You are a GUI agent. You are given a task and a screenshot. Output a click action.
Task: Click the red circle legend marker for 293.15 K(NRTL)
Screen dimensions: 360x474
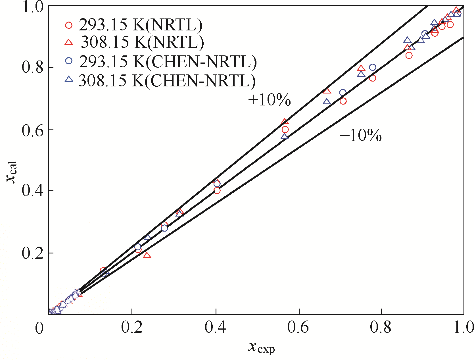click(x=69, y=25)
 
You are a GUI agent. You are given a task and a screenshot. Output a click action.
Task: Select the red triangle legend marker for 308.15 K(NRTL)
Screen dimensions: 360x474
click(x=69, y=43)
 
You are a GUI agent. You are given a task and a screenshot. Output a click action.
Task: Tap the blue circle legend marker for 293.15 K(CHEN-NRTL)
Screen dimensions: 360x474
click(x=69, y=61)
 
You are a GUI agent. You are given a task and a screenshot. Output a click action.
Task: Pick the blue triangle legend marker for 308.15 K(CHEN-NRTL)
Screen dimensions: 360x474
click(x=69, y=79)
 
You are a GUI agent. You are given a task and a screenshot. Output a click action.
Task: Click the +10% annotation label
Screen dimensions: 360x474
click(x=269, y=100)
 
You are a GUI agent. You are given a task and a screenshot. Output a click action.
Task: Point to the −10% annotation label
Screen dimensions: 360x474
click(x=360, y=135)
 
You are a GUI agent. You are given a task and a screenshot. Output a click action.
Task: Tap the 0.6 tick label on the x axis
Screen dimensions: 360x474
click(x=298, y=327)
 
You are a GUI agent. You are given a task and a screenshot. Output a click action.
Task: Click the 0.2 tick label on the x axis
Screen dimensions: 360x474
click(x=132, y=327)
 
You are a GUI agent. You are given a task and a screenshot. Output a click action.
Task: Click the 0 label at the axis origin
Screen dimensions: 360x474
click(x=39, y=328)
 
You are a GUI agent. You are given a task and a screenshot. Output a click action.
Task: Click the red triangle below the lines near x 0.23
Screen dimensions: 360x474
click(x=147, y=255)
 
